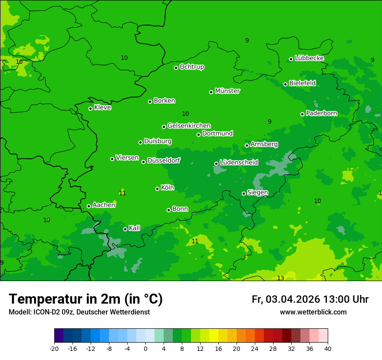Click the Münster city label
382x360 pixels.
[227, 91]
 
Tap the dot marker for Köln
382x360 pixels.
[157, 189]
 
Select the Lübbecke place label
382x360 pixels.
[309, 58]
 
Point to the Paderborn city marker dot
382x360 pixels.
[302, 114]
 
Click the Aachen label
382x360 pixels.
[104, 205]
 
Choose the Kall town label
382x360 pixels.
[134, 228]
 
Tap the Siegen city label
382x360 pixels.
[257, 193]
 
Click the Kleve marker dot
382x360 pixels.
[90, 108]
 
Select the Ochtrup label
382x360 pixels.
[191, 67]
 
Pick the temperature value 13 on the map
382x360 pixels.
[280, 278]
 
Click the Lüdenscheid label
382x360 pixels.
[239, 163]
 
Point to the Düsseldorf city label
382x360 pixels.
[164, 160]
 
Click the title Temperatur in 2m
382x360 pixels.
[86, 299]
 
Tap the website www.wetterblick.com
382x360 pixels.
[313, 312]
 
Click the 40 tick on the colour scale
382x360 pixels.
[327, 348]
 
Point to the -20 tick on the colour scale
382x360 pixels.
[54, 348]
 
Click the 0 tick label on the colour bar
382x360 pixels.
[145, 348]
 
